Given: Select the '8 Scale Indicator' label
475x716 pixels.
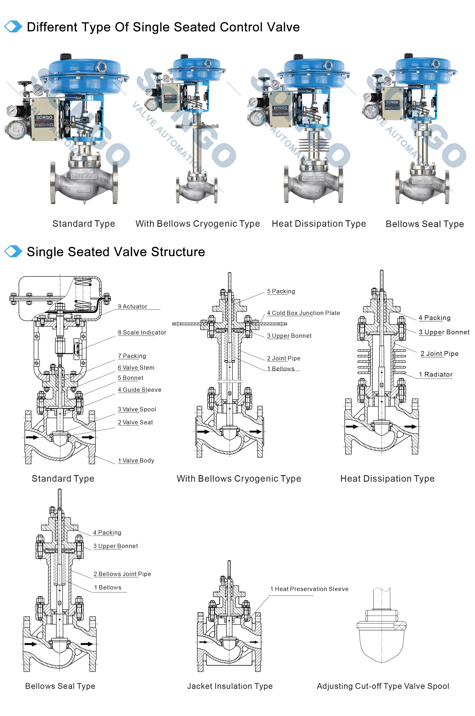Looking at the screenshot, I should tap(142, 332).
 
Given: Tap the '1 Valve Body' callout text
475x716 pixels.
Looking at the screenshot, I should tap(136, 461).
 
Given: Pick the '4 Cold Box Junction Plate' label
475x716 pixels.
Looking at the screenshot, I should tap(303, 313).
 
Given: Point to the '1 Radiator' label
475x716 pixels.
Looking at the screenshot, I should tap(435, 374).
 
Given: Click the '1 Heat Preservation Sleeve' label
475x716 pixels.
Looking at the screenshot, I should tap(309, 589).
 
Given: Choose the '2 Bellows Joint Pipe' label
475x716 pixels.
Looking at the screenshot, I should tap(122, 574).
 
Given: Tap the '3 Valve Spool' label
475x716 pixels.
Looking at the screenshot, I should tap(137, 409).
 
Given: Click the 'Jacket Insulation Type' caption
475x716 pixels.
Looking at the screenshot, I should tap(230, 686).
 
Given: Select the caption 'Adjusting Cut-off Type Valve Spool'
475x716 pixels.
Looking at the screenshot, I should tap(383, 686).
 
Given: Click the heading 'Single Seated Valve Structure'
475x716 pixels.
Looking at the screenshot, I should tap(116, 252).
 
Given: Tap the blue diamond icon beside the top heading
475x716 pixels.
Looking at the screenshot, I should tap(13, 27).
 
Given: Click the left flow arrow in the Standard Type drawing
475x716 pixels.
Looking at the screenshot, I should tap(32, 437).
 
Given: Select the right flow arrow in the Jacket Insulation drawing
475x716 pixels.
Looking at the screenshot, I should tap(254, 642).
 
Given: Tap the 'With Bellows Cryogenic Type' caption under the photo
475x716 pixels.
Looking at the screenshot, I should tap(198, 224).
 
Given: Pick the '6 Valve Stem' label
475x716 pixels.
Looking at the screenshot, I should tap(136, 368).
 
